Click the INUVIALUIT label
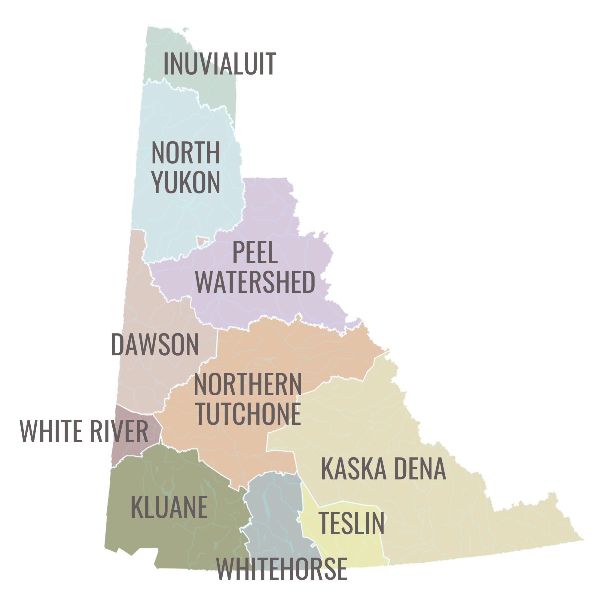point(219,64)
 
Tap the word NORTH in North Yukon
point(185,153)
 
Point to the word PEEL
point(255,253)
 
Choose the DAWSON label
point(155,345)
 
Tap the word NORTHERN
point(247,385)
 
